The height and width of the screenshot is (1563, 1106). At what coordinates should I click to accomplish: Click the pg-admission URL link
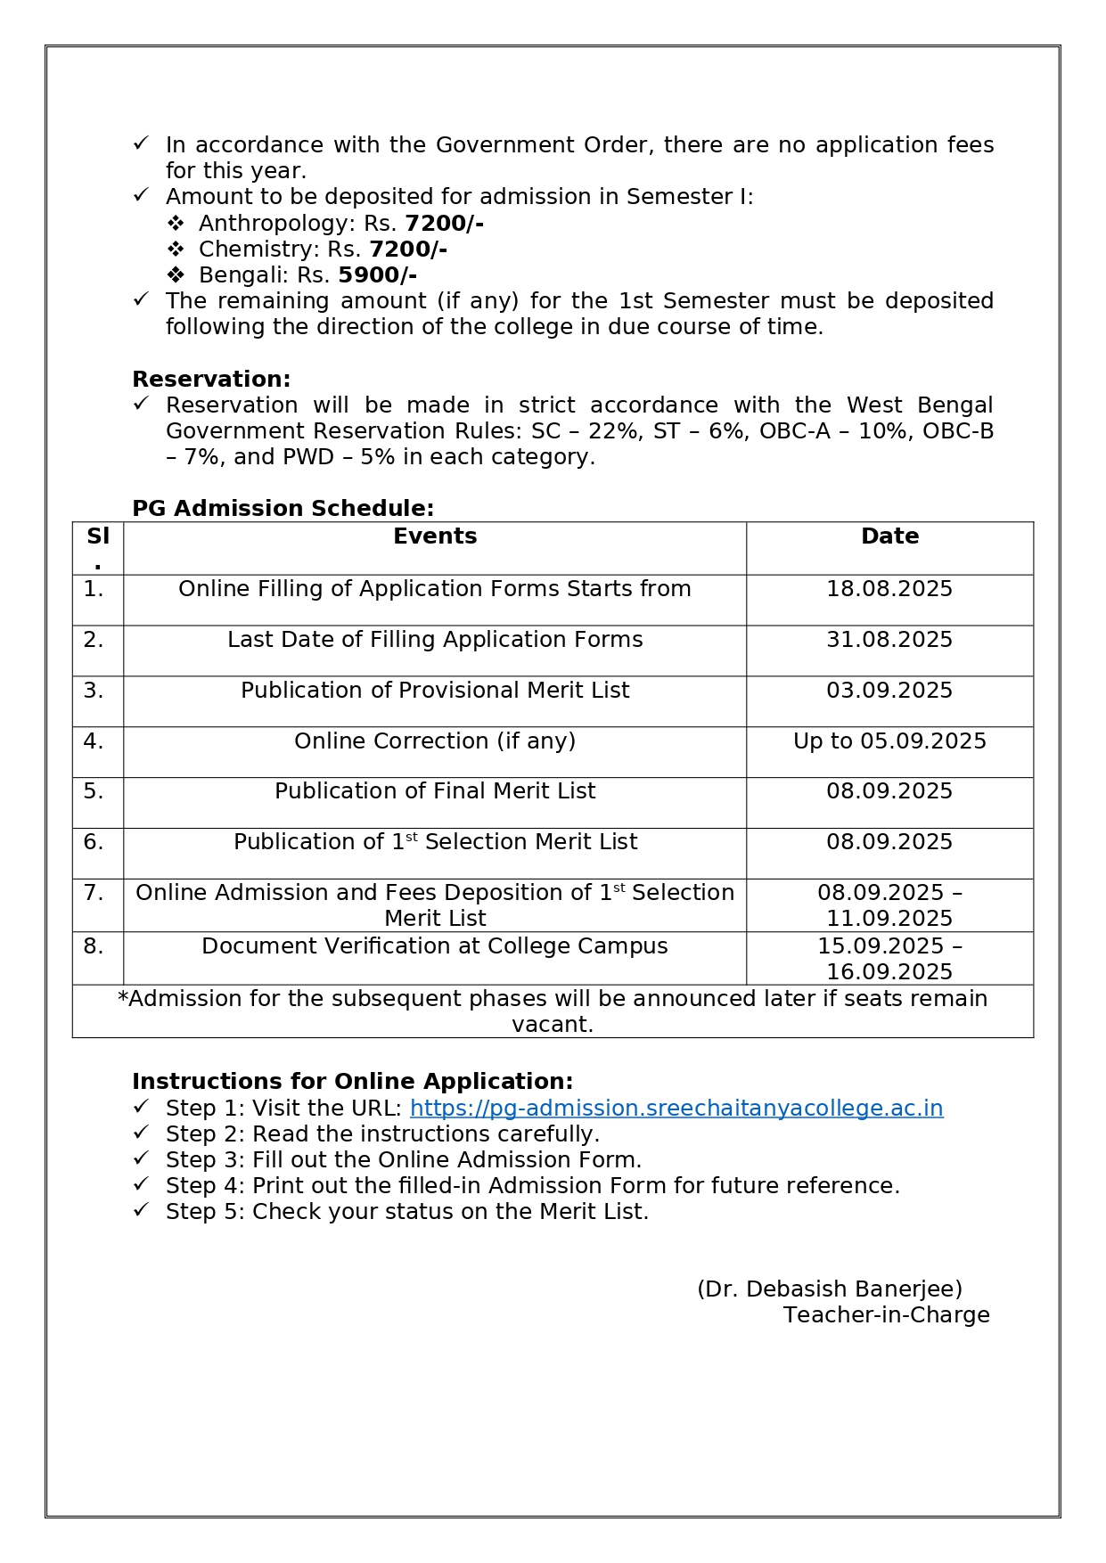[676, 1108]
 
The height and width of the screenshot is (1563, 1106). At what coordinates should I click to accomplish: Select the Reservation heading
[211, 379]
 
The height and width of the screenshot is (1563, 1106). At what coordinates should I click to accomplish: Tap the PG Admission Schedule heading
[283, 508]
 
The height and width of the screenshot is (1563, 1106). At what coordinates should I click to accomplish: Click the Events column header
[435, 536]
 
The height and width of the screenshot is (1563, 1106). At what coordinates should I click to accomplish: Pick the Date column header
[889, 536]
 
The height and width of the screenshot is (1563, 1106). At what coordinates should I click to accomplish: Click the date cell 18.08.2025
[889, 589]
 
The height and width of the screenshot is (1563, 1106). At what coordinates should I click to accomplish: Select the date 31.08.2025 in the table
[889, 640]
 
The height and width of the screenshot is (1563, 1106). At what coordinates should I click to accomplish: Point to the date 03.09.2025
[889, 691]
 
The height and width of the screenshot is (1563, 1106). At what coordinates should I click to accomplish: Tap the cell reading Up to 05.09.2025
[889, 741]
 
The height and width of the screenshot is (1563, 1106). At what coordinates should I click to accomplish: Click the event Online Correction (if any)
[435, 741]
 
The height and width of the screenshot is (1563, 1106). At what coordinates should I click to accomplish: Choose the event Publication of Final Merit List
[435, 791]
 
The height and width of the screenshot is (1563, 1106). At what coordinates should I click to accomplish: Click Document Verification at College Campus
[435, 946]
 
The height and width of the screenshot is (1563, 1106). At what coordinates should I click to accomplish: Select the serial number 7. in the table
[94, 893]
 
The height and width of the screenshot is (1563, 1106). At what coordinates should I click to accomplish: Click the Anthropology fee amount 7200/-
[444, 223]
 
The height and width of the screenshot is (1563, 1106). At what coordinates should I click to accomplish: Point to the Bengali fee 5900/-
[377, 275]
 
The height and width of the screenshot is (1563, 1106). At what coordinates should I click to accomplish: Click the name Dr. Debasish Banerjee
[830, 1289]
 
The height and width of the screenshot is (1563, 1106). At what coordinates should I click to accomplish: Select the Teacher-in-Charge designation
[887, 1315]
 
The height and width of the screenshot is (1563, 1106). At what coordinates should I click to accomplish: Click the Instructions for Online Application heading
[352, 1082]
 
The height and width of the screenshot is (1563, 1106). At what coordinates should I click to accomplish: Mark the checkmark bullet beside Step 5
[141, 1210]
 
